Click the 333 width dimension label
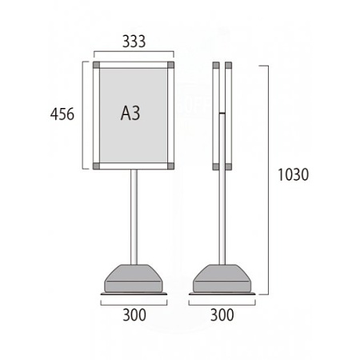point(134,42)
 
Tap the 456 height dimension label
point(62,114)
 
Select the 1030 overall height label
point(294,174)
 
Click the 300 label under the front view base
point(134,315)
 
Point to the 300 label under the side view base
point(222,315)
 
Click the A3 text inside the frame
point(130,113)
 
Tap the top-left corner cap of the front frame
point(96,65)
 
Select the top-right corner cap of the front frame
point(170,65)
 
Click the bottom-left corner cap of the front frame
point(96,166)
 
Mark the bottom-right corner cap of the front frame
point(170,166)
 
